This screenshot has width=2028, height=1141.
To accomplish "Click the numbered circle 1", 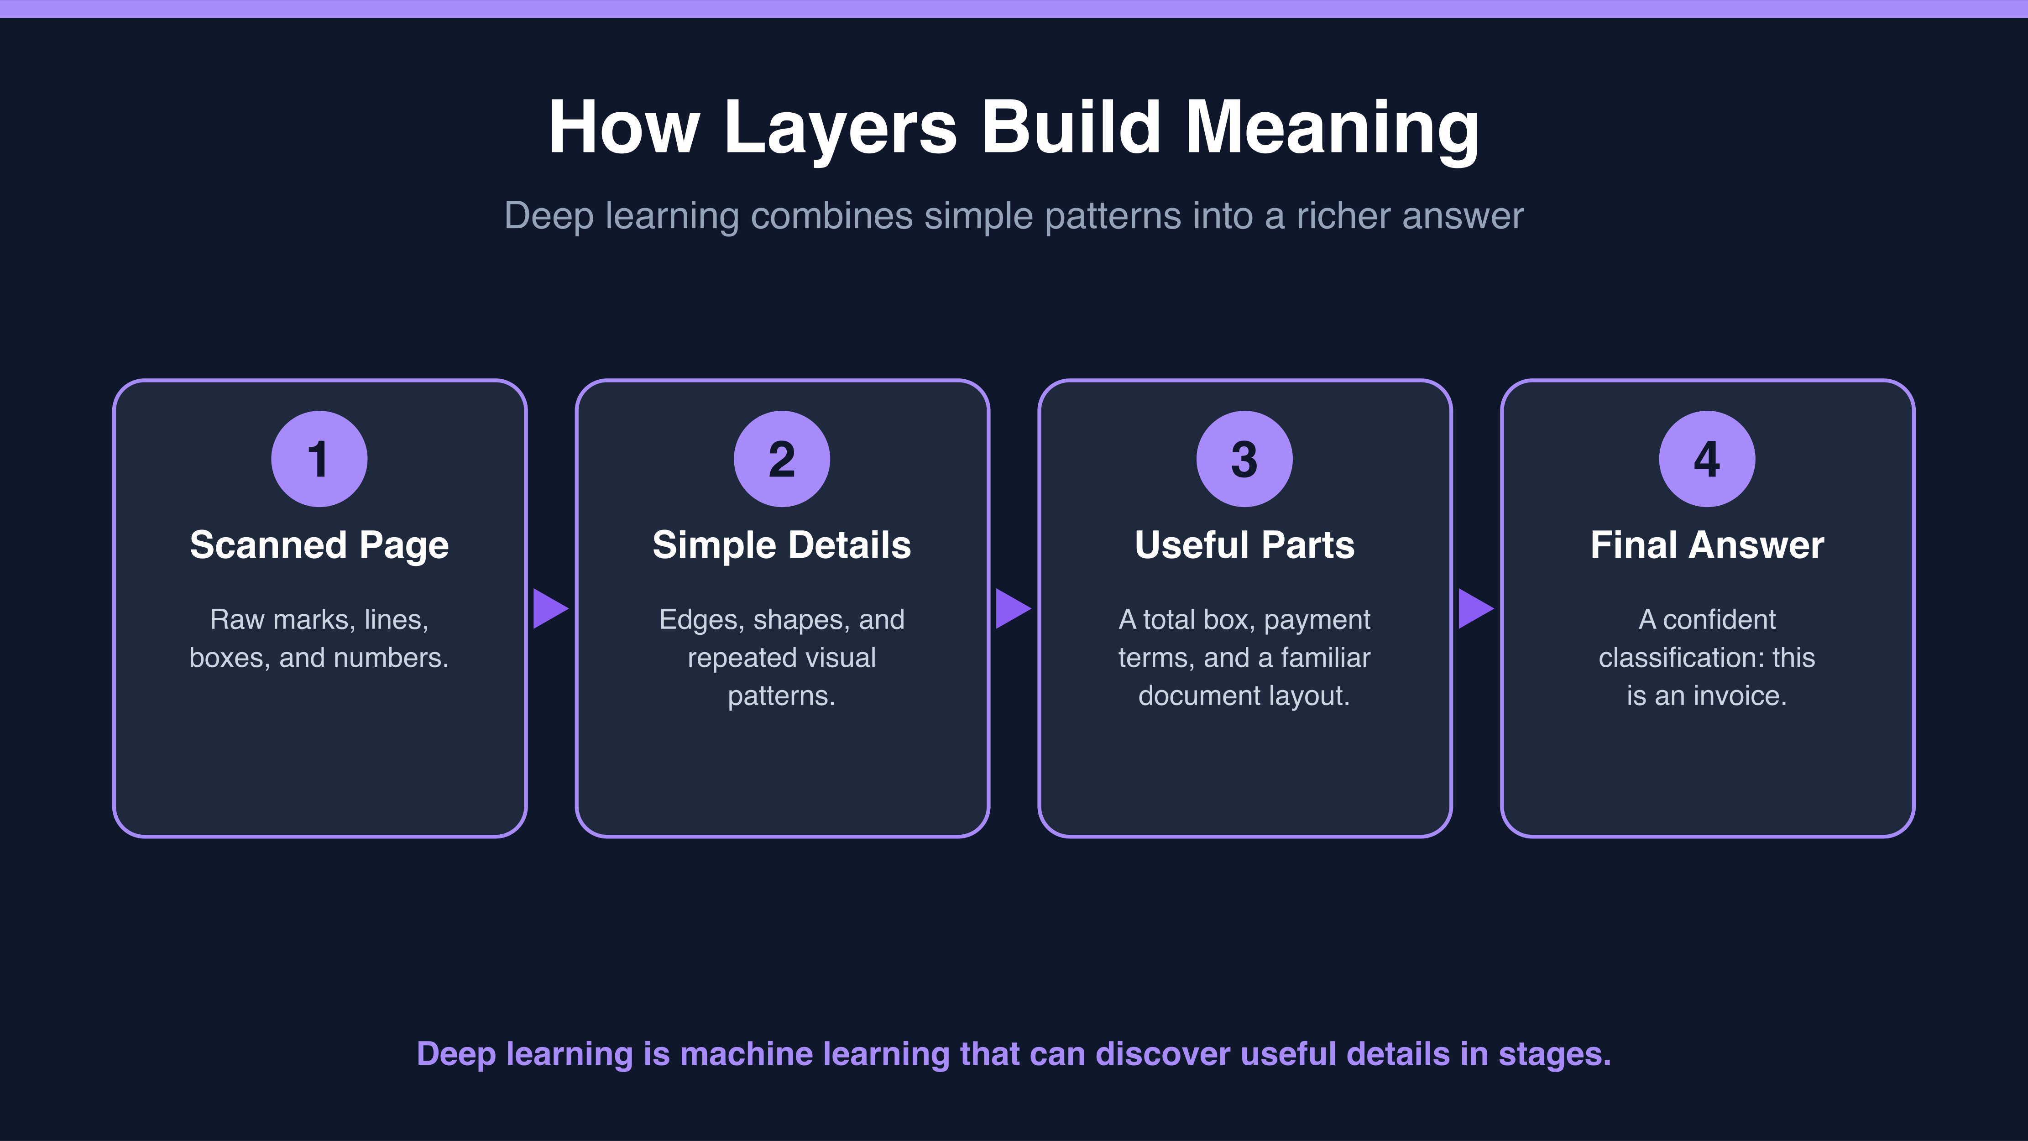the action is pyautogui.click(x=319, y=458).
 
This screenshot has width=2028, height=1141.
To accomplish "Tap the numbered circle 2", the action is pyautogui.click(x=782, y=458).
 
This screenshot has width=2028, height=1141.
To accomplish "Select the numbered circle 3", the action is pyautogui.click(x=1244, y=458).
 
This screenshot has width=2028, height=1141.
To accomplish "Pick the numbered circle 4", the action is pyautogui.click(x=1707, y=458).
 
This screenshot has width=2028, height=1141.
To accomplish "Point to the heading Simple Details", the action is pyautogui.click(x=782, y=545).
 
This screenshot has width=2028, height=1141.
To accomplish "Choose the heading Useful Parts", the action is pyautogui.click(x=1244, y=545).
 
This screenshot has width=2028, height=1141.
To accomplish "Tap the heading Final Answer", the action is pyautogui.click(x=1707, y=545).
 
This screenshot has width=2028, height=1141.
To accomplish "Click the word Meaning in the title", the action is pyautogui.click(x=1332, y=128).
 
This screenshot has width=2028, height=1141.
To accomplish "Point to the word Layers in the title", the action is pyautogui.click(x=841, y=128).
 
